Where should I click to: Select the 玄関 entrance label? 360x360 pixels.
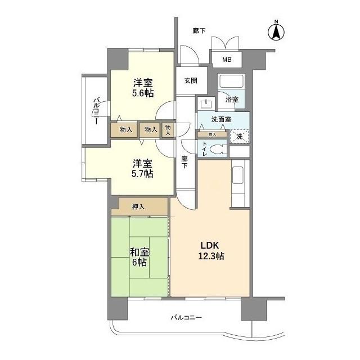coord(190,80)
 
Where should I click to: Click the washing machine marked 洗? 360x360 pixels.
coord(239,136)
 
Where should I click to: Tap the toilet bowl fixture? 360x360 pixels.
coord(219,150)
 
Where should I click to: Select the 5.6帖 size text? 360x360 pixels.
coord(143,93)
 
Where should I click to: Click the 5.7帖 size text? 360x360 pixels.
coord(142,174)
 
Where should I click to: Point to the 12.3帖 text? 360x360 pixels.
coord(211,256)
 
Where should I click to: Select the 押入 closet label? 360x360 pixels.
coord(138,207)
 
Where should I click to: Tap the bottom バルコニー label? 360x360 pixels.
coord(186,318)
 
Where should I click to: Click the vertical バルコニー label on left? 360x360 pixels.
coord(96,111)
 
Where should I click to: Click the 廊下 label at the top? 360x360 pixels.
coord(198,31)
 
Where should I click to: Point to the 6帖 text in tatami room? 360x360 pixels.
coord(140,263)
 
